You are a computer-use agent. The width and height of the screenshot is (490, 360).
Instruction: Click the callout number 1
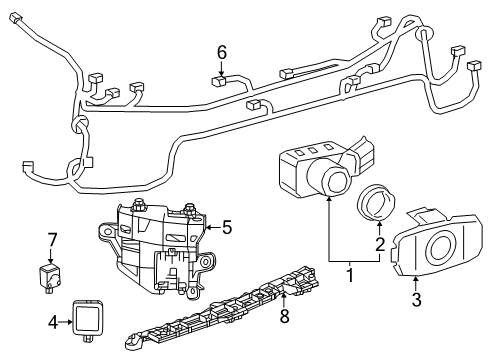pos(349,271)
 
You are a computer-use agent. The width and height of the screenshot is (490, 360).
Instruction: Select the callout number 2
pos(379,242)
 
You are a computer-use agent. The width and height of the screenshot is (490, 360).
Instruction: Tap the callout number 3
pos(417,297)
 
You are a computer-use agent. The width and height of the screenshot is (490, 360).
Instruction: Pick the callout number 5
pos(227,227)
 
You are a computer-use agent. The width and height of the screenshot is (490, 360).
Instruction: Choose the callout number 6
pos(222,51)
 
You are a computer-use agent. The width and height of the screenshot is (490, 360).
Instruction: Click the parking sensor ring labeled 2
pos(378,203)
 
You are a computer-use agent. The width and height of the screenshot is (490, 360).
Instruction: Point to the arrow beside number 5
pos(210,227)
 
